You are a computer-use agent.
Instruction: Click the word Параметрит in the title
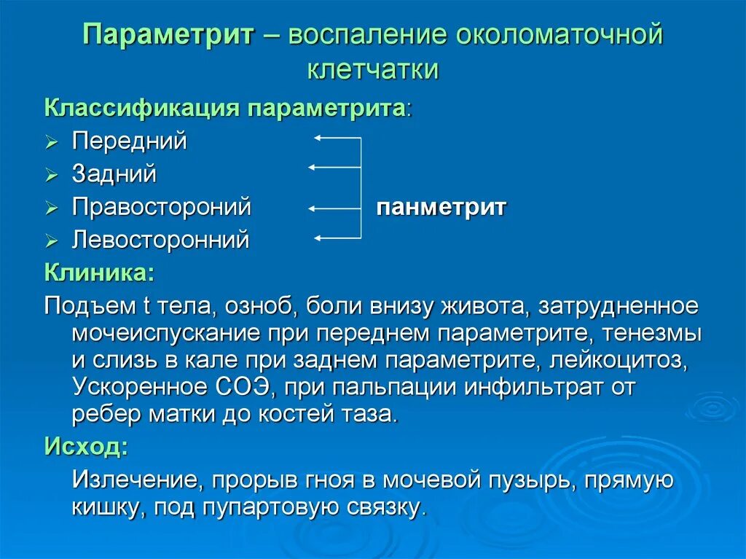click(x=168, y=35)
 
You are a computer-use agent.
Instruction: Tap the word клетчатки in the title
click(x=372, y=69)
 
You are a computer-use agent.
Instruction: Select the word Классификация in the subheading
click(x=143, y=109)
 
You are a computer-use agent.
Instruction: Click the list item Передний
click(x=129, y=141)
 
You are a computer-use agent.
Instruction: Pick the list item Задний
click(x=114, y=174)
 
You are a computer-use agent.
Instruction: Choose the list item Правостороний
click(x=161, y=207)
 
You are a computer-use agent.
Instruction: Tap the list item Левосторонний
click(x=160, y=240)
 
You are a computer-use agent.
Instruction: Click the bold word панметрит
click(x=441, y=208)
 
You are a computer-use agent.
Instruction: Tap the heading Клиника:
click(x=99, y=273)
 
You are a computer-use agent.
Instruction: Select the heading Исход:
click(x=86, y=445)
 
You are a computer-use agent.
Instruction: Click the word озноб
click(x=256, y=307)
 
